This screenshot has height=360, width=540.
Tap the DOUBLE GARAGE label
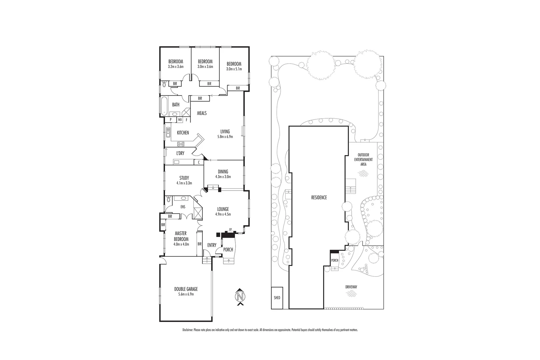coord(186,289)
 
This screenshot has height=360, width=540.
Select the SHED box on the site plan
coord(277,298)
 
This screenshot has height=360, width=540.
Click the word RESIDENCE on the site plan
coord(319,197)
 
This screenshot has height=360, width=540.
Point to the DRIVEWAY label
coord(352,287)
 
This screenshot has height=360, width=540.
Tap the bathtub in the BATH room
coord(163,106)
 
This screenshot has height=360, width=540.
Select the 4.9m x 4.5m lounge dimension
coord(223,214)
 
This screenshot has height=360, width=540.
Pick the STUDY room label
coord(184,178)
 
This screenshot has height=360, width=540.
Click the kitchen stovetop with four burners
coord(181,144)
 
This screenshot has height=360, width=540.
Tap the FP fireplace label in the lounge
coord(230,230)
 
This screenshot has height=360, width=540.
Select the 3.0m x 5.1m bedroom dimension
coord(234,69)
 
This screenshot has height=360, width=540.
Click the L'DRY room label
coord(180,153)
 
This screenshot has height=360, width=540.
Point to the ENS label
coord(183,207)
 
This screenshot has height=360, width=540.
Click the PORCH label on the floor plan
coord(228,250)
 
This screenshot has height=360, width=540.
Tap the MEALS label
coord(202,113)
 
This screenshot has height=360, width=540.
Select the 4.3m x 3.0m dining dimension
coord(223,177)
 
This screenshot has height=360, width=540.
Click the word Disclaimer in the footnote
coord(188,330)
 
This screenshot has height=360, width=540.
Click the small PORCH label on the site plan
coord(335,260)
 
